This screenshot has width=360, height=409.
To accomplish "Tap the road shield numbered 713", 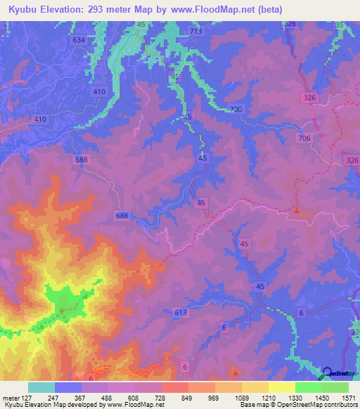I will click(x=196, y=32).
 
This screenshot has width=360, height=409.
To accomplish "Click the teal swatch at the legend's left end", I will click(x=41, y=387).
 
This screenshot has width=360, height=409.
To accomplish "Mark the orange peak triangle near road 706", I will click(x=297, y=209).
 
